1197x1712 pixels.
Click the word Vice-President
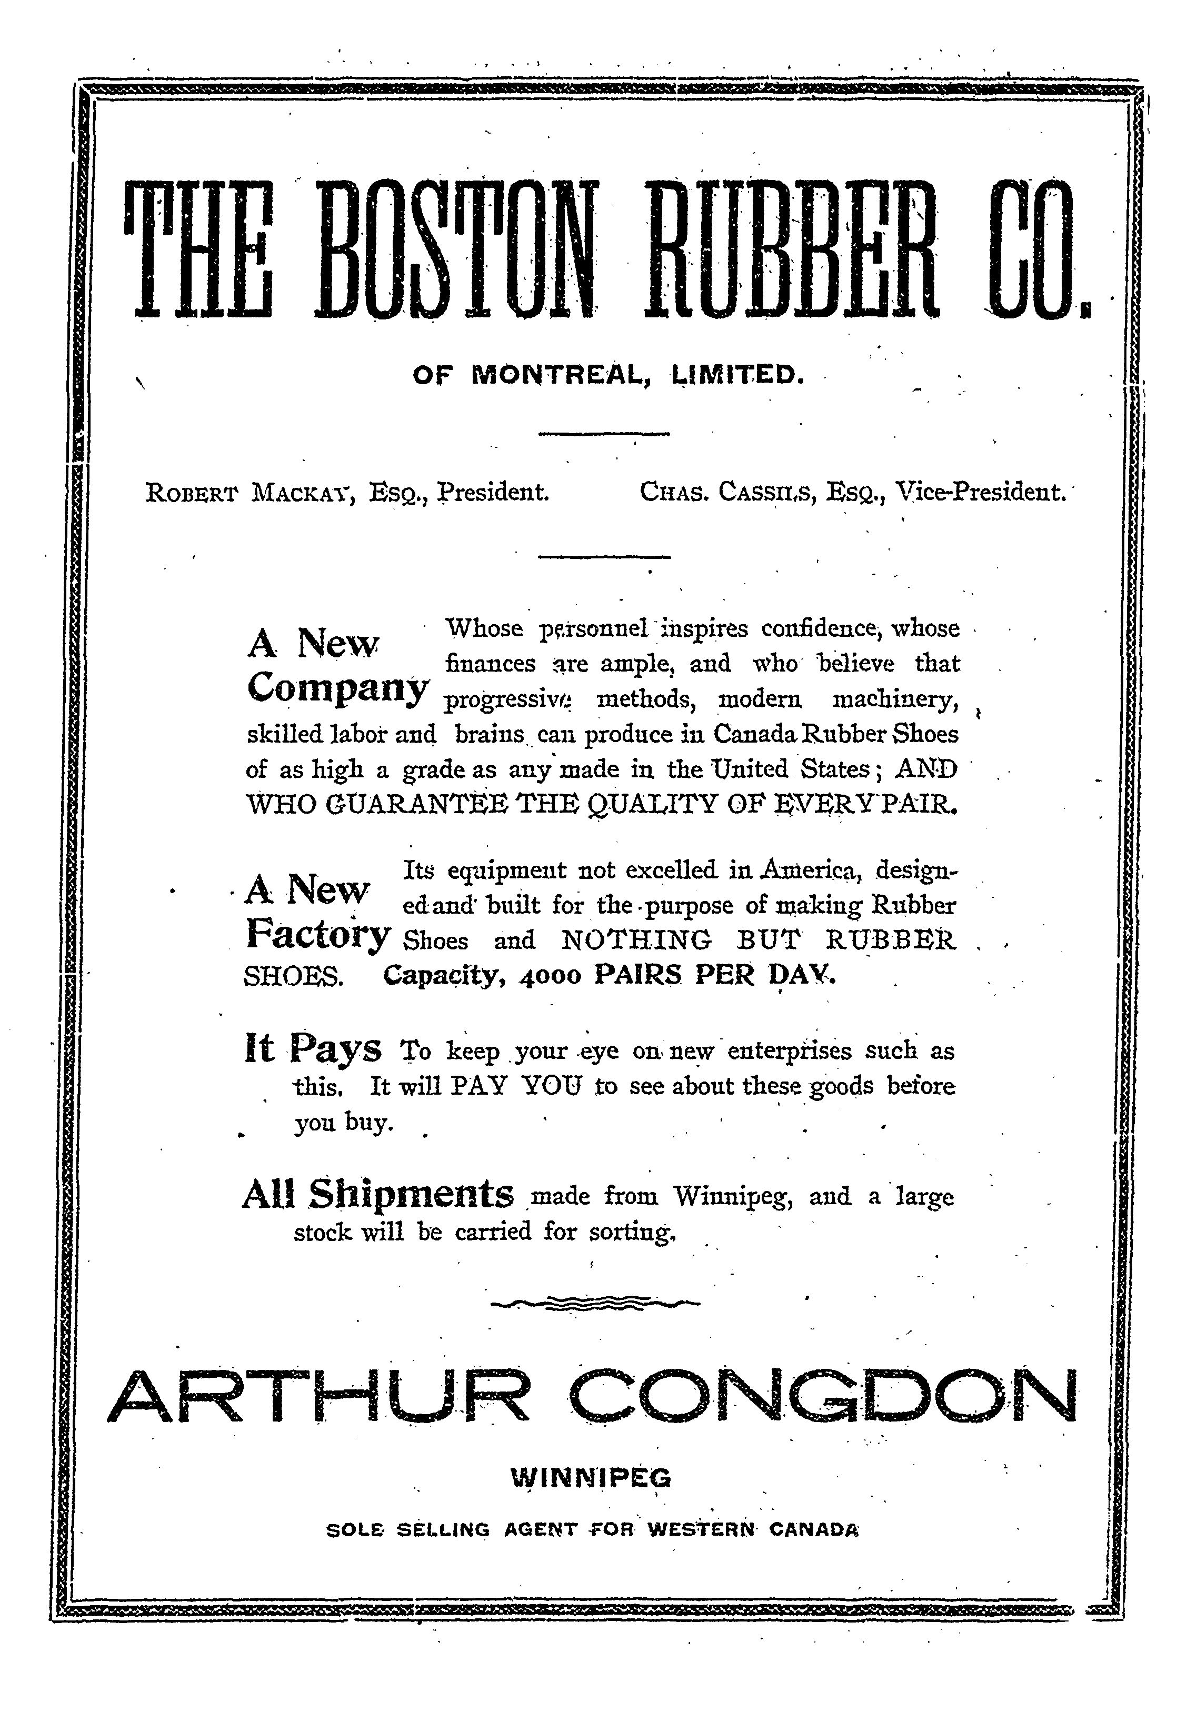coord(981,492)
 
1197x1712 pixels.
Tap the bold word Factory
coord(318,934)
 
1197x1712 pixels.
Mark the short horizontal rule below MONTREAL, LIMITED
coord(604,434)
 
